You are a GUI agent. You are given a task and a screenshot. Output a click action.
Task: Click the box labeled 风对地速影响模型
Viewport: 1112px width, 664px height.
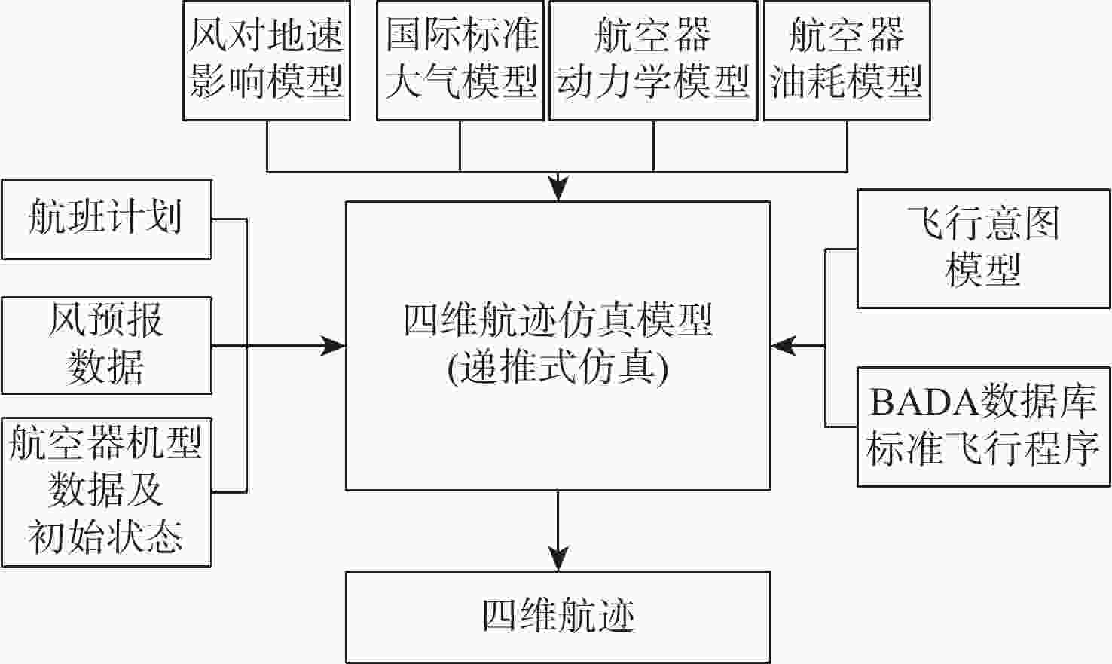point(267,60)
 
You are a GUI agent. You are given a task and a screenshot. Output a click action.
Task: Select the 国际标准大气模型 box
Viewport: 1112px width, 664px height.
point(460,60)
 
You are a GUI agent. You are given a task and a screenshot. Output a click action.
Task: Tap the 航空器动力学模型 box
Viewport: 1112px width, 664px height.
point(653,60)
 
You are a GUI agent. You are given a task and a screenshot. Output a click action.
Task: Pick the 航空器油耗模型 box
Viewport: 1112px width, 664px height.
point(847,60)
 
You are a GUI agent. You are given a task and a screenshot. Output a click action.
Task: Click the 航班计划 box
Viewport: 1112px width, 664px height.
point(106,219)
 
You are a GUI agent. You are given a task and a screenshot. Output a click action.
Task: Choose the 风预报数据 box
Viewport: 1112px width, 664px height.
point(106,345)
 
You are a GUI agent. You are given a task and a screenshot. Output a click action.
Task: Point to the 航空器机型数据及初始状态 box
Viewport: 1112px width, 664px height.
point(106,491)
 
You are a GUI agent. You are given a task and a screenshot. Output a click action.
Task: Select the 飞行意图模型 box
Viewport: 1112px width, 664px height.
point(983,247)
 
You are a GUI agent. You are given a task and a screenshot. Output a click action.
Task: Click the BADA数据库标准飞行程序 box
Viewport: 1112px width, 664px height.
point(983,427)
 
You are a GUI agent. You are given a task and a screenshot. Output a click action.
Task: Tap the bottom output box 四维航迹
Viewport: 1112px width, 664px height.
point(558,617)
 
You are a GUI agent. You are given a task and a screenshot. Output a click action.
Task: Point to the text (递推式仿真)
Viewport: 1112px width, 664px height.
point(558,369)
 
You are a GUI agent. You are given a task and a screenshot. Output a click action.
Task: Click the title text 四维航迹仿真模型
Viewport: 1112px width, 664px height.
point(558,321)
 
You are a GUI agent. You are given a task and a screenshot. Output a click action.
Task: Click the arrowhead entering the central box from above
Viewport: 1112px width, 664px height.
point(558,188)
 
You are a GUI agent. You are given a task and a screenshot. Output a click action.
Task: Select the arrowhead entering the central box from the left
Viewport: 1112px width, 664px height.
point(333,346)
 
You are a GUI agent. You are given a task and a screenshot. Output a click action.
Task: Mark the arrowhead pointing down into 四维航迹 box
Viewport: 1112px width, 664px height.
point(558,559)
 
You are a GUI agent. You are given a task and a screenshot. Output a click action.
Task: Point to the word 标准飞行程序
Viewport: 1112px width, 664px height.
point(983,450)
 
